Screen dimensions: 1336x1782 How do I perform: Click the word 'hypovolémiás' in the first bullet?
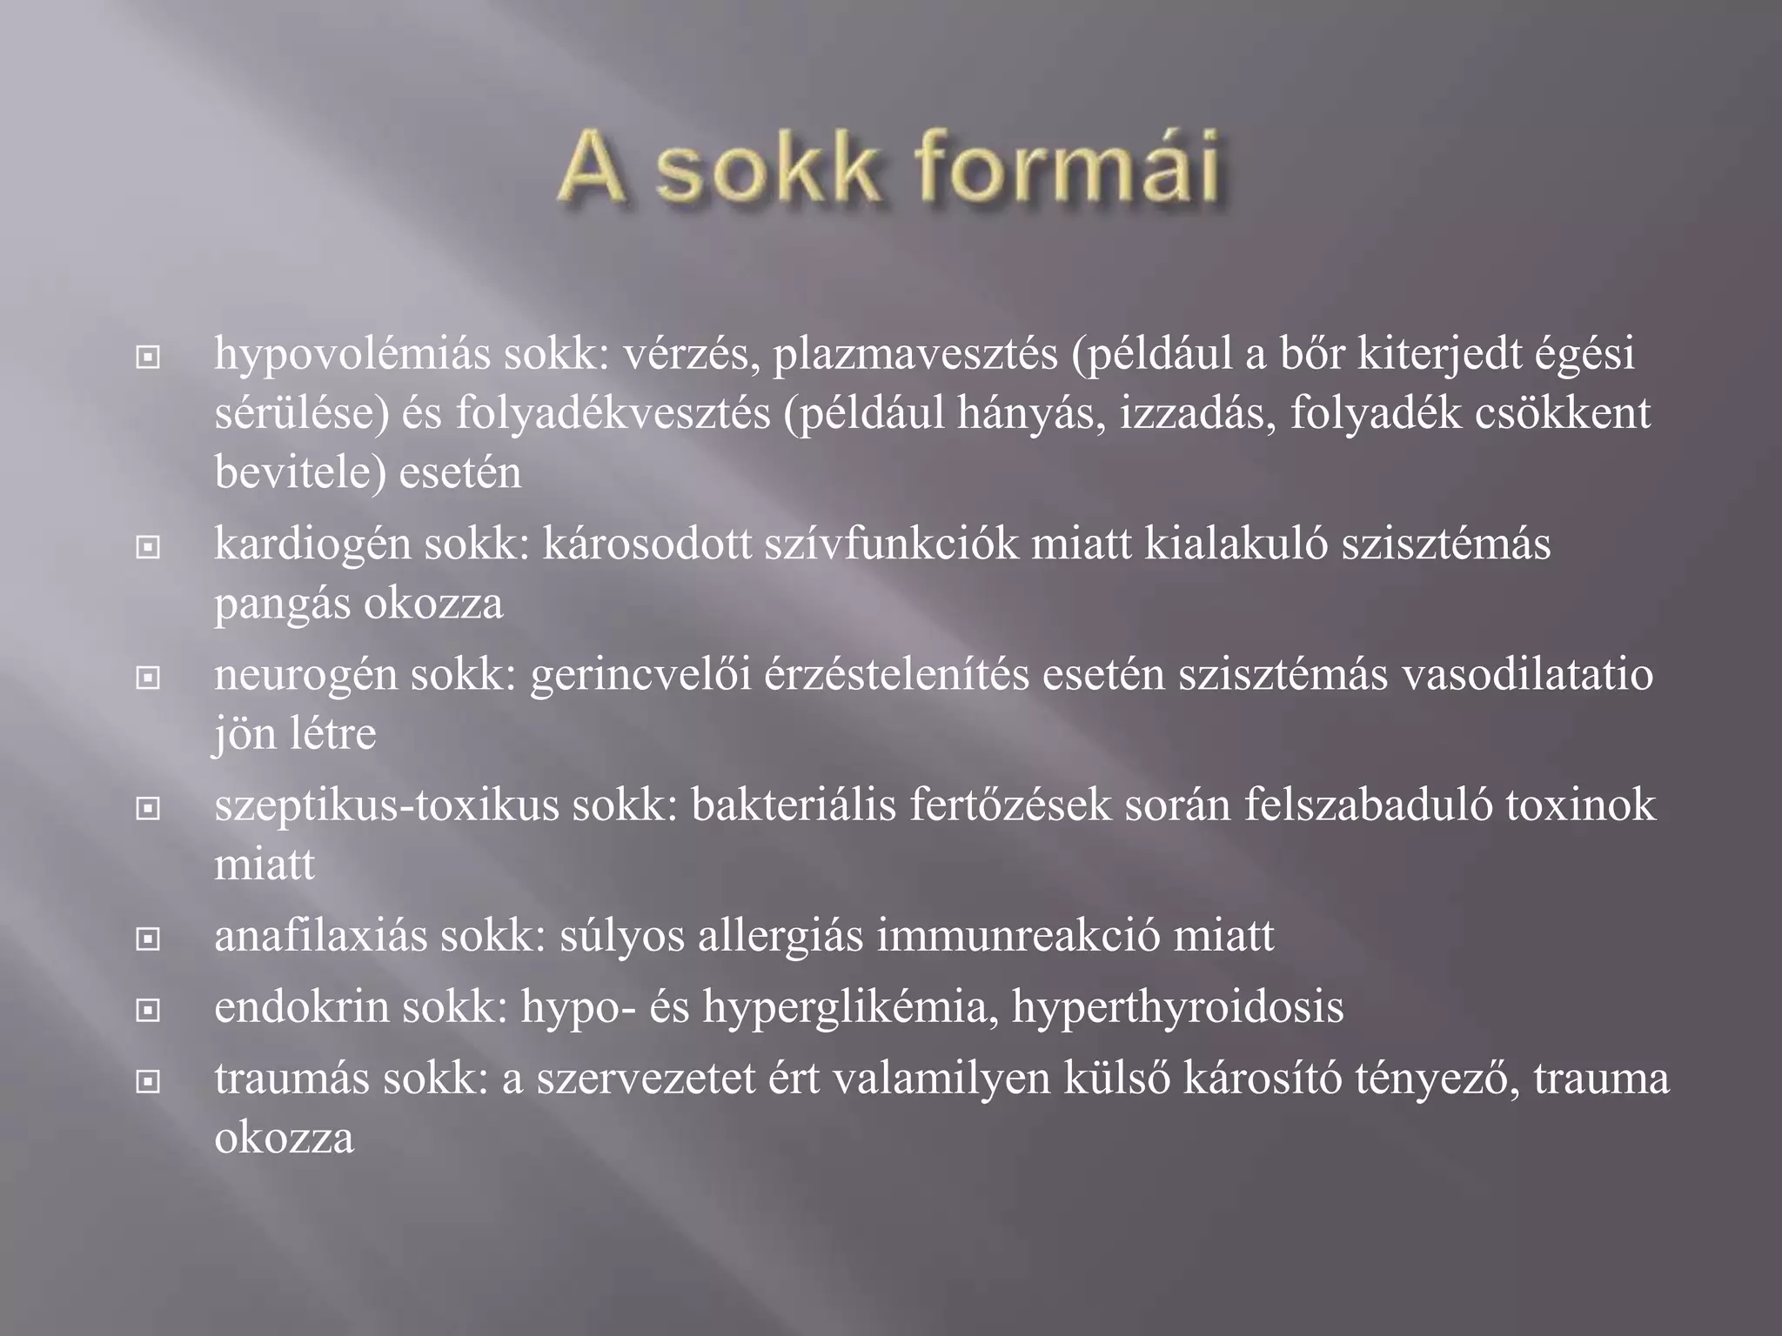tap(352, 355)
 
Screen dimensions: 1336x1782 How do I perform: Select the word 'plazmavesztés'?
tap(915, 355)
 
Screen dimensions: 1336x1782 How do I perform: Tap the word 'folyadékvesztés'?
tap(613, 413)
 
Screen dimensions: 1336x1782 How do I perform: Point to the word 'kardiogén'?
tap(313, 545)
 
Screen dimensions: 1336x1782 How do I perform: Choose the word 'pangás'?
tap(282, 605)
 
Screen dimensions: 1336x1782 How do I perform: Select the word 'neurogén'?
tap(306, 676)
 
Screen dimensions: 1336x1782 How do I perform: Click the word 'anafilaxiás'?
tap(321, 937)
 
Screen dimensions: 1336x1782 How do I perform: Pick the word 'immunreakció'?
tap(1018, 937)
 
